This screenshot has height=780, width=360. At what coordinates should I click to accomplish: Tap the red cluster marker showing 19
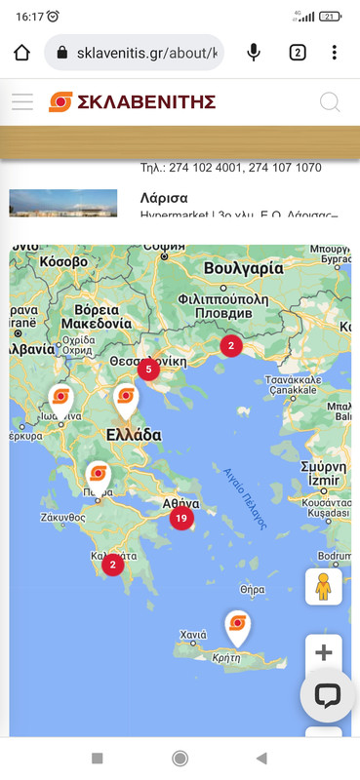180,519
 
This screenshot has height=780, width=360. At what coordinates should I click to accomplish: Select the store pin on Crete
237,625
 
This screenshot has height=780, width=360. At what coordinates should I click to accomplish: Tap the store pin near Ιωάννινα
60,398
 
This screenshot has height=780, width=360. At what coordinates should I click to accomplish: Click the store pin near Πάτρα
98,475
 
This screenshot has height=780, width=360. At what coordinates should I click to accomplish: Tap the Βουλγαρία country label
244,268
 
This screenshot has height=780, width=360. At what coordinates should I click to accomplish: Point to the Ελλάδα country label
134,435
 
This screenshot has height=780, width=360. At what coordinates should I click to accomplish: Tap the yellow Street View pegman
324,586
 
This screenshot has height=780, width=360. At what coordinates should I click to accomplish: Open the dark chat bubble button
327,695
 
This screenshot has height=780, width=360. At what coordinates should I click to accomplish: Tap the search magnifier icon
330,101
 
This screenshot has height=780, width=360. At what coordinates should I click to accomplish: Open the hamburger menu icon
22,101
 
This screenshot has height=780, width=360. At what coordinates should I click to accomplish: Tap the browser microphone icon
255,53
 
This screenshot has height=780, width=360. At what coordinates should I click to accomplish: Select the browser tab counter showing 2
297,53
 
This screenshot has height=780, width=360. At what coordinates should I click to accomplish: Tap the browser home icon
22,53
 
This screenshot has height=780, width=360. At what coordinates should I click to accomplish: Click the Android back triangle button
260,758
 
